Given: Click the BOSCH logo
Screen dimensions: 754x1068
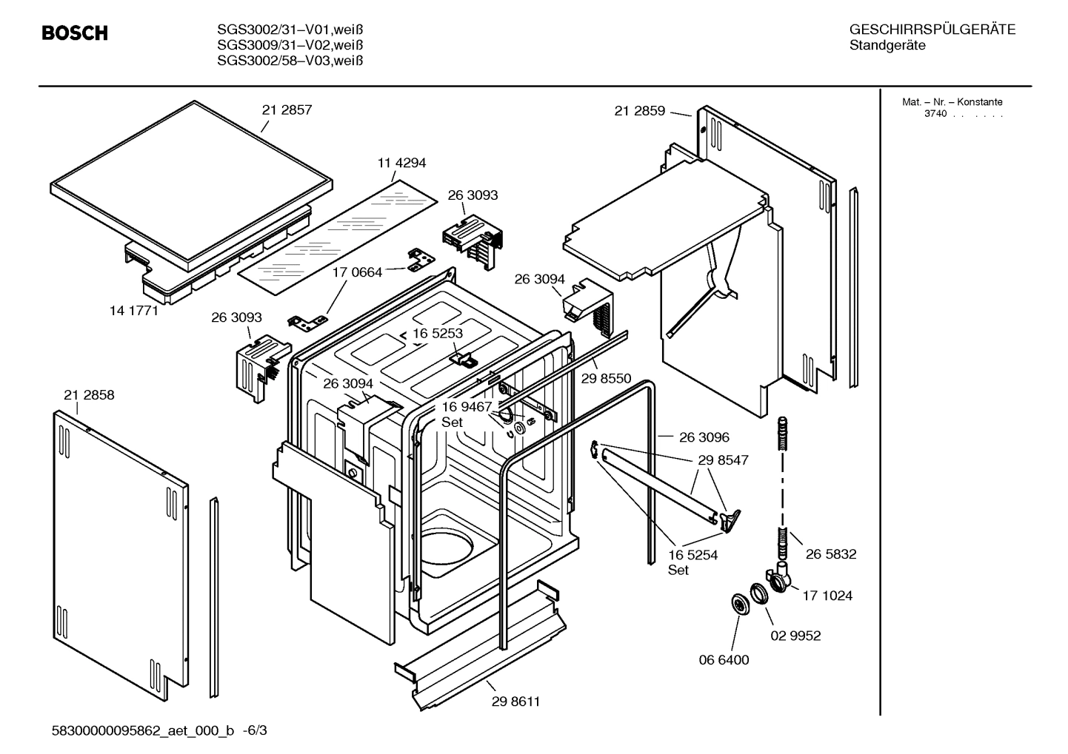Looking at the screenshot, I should pos(75,33).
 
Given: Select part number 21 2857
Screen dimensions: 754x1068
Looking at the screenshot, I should pos(287,110).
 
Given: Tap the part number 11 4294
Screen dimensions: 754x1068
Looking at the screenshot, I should pos(401,163).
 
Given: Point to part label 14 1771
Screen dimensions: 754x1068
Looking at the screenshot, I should pos(134,311).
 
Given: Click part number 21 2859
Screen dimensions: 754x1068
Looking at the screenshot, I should pos(639,111).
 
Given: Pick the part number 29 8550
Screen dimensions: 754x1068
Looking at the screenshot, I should pos(606,379).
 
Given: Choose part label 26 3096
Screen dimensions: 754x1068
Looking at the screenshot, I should pos(704,437).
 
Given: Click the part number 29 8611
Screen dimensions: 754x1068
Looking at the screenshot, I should pos(515,701).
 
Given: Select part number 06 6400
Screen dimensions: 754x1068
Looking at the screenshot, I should pos(724,660).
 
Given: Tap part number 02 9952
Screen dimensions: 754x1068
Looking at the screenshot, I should pos(795,636).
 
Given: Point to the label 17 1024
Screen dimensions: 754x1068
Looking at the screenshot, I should pos(827,596).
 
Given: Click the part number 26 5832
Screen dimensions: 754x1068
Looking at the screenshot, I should pos(831,553).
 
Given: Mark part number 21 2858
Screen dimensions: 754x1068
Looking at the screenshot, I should pos(89,395).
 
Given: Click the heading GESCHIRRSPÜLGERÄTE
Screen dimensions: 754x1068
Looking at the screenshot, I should pos(932,30).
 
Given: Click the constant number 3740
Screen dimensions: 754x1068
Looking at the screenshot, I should pos(935,114).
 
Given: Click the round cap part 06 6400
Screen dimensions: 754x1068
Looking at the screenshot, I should pos(738,604).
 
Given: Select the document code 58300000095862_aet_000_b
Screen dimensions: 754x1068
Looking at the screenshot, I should pos(143,731).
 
